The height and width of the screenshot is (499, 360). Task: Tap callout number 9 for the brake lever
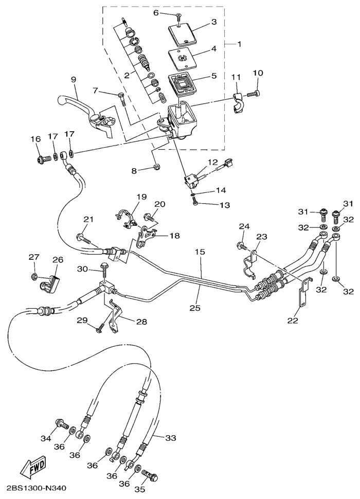tap(74, 79)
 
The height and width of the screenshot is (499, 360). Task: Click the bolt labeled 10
tap(253, 94)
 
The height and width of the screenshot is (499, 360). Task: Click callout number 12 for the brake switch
tap(213, 162)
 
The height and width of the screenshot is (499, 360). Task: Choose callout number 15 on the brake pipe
tap(200, 252)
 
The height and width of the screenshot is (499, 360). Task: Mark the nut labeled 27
tap(34, 277)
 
